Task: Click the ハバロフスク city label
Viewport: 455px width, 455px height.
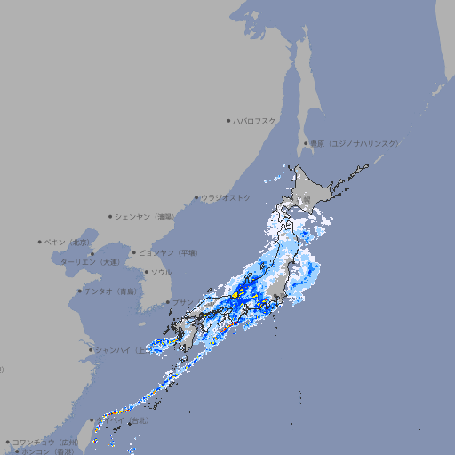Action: [255, 120]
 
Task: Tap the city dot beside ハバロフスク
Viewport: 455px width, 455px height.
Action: [228, 120]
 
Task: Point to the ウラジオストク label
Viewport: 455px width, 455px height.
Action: [226, 197]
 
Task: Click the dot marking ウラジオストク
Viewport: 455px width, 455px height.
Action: [196, 197]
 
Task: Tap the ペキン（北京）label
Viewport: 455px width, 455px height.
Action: [68, 242]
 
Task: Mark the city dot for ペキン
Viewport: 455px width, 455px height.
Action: [39, 242]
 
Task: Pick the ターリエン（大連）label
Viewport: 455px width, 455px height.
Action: [90, 262]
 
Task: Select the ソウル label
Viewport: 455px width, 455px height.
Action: [161, 272]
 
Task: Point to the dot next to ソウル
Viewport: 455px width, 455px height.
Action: [146, 272]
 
